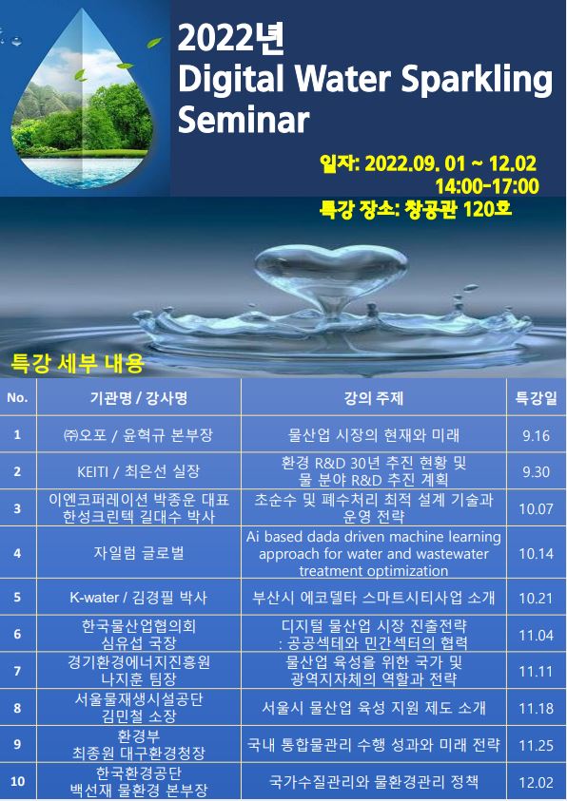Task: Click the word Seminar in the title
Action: click(x=244, y=120)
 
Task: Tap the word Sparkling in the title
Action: click(x=477, y=80)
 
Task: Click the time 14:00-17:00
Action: click(x=487, y=186)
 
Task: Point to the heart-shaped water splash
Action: click(x=331, y=276)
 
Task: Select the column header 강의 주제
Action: click(x=374, y=397)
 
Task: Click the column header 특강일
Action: click(x=536, y=397)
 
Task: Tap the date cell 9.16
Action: click(x=536, y=435)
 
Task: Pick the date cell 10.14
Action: click(x=536, y=553)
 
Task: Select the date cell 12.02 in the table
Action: click(x=536, y=782)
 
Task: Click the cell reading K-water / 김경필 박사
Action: click(x=139, y=597)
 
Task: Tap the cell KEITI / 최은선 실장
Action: click(x=139, y=471)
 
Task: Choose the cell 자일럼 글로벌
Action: click(x=139, y=553)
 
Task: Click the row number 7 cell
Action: click(x=17, y=671)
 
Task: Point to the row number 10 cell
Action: click(x=17, y=782)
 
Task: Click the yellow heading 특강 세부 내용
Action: click(x=77, y=364)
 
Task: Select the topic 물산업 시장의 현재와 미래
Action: click(x=374, y=435)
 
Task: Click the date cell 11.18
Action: click(x=536, y=709)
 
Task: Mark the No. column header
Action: click(x=17, y=397)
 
